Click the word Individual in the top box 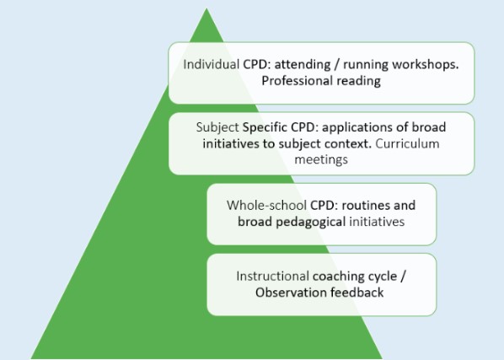click(212, 64)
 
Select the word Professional click(297, 80)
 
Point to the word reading click(359, 81)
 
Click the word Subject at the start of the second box click(217, 127)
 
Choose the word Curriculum click(407, 143)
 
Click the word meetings click(321, 159)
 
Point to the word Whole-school click(266, 206)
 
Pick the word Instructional click(272, 276)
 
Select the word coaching click(339, 277)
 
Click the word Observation click(291, 293)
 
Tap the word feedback click(357, 293)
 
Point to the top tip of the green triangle click(206, 8)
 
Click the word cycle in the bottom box click(383, 277)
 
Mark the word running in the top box click(366, 65)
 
